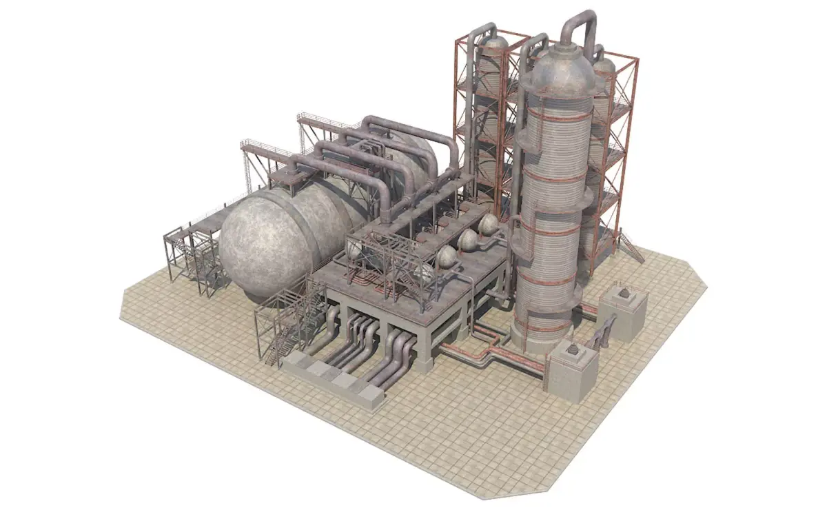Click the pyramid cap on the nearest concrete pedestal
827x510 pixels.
tap(571, 353)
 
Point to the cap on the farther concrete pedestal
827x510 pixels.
tap(624, 294)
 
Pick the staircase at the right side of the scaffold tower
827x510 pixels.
tap(631, 247)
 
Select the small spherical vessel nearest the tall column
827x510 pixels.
tap(490, 223)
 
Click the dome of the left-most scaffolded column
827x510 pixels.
tap(492, 47)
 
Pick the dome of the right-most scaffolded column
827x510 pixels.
tap(604, 65)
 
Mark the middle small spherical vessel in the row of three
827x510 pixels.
tap(469, 240)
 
